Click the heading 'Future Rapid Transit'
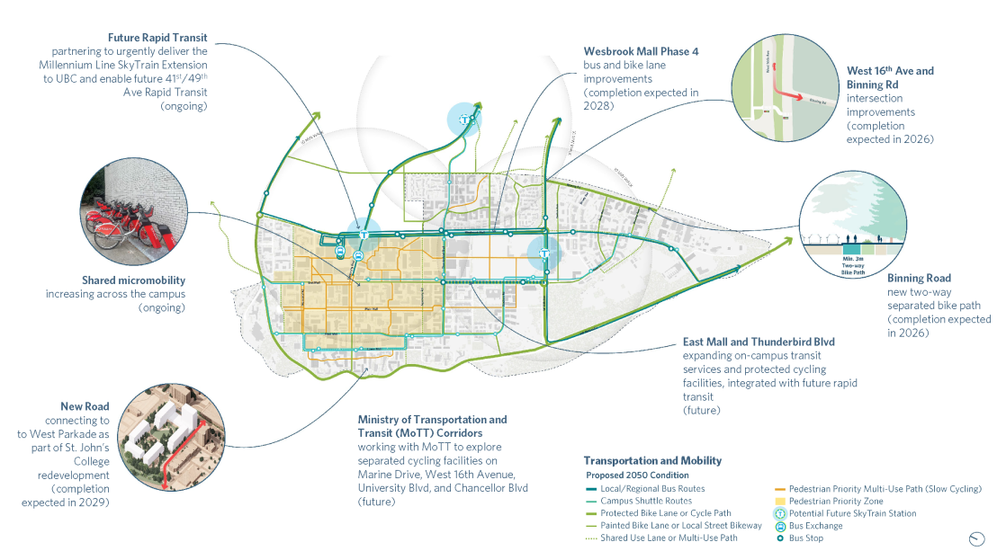point(157,39)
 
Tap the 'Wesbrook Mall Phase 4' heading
point(642,52)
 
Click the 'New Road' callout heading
point(85,406)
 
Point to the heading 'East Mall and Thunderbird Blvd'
point(759,342)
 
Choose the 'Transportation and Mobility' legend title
point(652,460)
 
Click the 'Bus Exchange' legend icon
point(780,526)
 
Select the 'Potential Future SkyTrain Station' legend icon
point(780,513)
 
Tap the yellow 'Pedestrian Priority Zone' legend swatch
point(780,501)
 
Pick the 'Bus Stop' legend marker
point(780,538)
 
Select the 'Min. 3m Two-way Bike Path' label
point(851,262)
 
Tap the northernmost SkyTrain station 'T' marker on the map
point(465,119)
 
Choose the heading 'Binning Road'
point(919,279)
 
